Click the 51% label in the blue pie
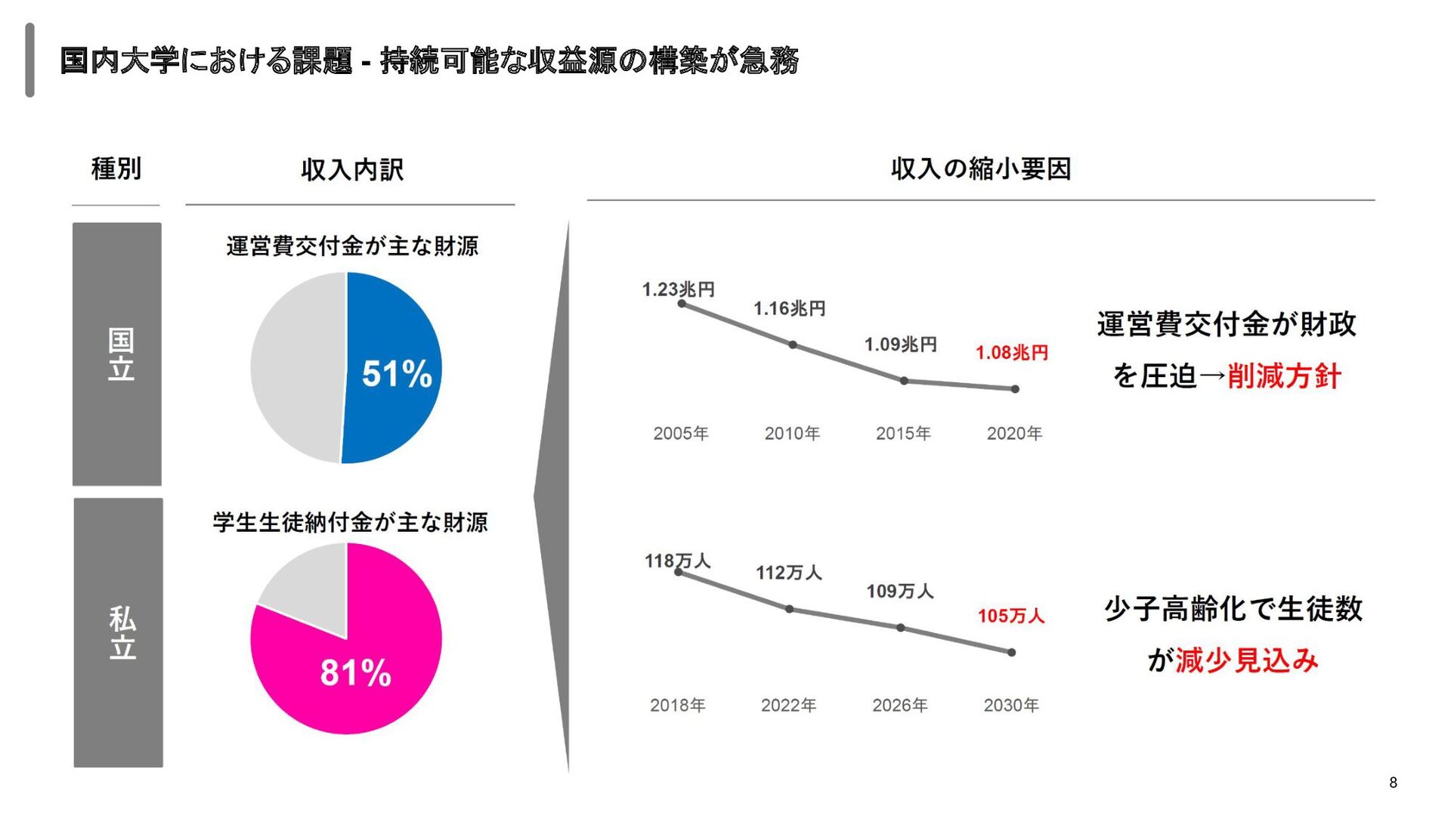pyautogui.click(x=397, y=374)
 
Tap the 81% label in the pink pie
pyautogui.click(x=355, y=672)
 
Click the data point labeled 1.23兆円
pyautogui.click(x=682, y=304)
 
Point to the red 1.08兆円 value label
pyautogui.click(x=1011, y=353)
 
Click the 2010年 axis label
pyautogui.click(x=792, y=434)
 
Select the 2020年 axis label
pyautogui.click(x=1014, y=434)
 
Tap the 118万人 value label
pyautogui.click(x=677, y=561)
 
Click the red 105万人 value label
pyautogui.click(x=1011, y=616)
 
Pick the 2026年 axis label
pyautogui.click(x=899, y=706)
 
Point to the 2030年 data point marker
pyautogui.click(x=1011, y=652)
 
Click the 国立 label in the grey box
pyautogui.click(x=121, y=354)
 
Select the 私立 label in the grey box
pyautogui.click(x=122, y=632)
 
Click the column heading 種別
pyautogui.click(x=116, y=168)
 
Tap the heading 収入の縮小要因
pyautogui.click(x=981, y=168)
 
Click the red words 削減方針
pyautogui.click(x=1284, y=376)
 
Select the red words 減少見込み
pyautogui.click(x=1247, y=660)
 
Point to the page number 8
pyautogui.click(x=1393, y=783)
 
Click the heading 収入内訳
pyautogui.click(x=352, y=170)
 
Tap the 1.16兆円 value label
pyautogui.click(x=790, y=308)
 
